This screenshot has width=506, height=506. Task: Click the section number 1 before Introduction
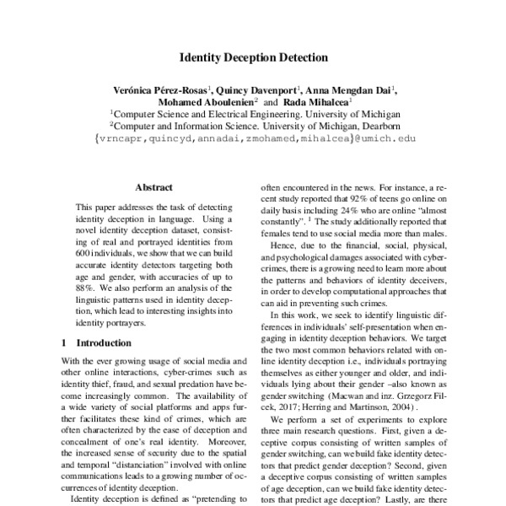[64, 343]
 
